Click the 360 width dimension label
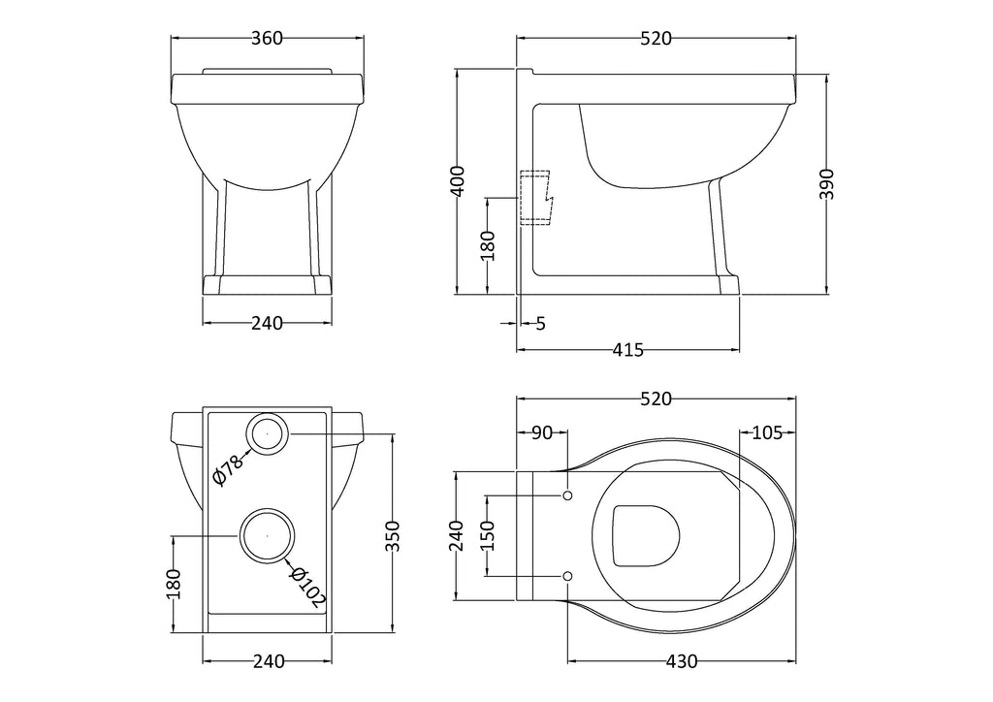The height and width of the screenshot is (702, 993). coord(267,39)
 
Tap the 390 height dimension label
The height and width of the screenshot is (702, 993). coord(827,184)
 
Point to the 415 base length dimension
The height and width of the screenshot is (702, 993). coord(627,349)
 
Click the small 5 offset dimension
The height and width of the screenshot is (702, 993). coord(540,324)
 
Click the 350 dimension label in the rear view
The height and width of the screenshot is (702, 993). coord(394,535)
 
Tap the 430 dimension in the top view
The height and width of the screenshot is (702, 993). coord(682,661)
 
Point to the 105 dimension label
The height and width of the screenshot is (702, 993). coord(767,433)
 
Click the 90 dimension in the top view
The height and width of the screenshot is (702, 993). coord(542,433)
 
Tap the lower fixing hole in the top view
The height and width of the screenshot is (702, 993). coord(567,576)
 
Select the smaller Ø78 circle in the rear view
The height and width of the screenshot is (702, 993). coord(268,433)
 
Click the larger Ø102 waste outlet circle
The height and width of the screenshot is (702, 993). coord(268,535)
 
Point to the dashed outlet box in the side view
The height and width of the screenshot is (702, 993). coord(536,198)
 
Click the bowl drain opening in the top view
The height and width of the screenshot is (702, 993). coord(646,535)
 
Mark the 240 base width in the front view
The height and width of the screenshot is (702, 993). coord(268,324)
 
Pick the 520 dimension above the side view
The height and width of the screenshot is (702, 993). coord(657,39)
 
